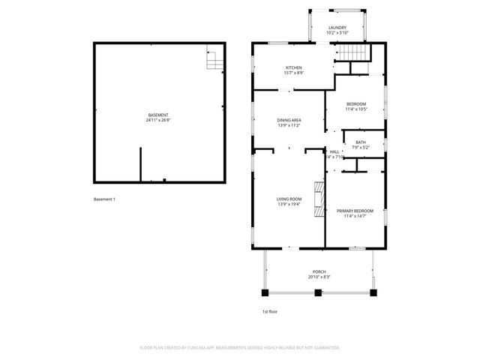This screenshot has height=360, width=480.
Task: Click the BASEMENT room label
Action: click(x=158, y=115)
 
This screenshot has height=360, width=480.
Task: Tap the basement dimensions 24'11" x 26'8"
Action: click(x=158, y=120)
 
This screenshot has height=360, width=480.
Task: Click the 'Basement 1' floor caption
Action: click(x=103, y=199)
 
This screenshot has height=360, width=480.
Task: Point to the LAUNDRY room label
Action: click(x=337, y=28)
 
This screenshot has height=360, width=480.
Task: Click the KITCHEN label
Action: click(x=294, y=67)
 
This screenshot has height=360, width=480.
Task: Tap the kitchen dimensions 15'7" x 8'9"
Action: click(x=294, y=73)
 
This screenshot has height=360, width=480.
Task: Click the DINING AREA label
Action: click(x=289, y=120)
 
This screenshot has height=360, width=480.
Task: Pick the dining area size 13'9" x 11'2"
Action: click(x=289, y=125)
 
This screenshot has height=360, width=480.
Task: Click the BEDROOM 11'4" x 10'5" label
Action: click(x=355, y=103)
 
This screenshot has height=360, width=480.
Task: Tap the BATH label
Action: click(x=361, y=142)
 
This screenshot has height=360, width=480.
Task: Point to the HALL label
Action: click(x=334, y=152)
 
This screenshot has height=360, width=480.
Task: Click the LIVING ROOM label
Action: click(x=289, y=199)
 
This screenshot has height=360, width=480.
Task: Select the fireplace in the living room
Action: click(x=319, y=198)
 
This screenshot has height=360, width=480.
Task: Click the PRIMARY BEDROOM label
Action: click(x=355, y=211)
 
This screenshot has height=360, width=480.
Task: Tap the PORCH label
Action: click(x=319, y=271)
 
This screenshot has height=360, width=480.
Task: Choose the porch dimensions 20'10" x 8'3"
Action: click(x=319, y=277)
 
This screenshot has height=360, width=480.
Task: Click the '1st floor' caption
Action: click(x=269, y=310)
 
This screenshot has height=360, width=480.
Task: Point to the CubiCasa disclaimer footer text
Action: click(x=240, y=347)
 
